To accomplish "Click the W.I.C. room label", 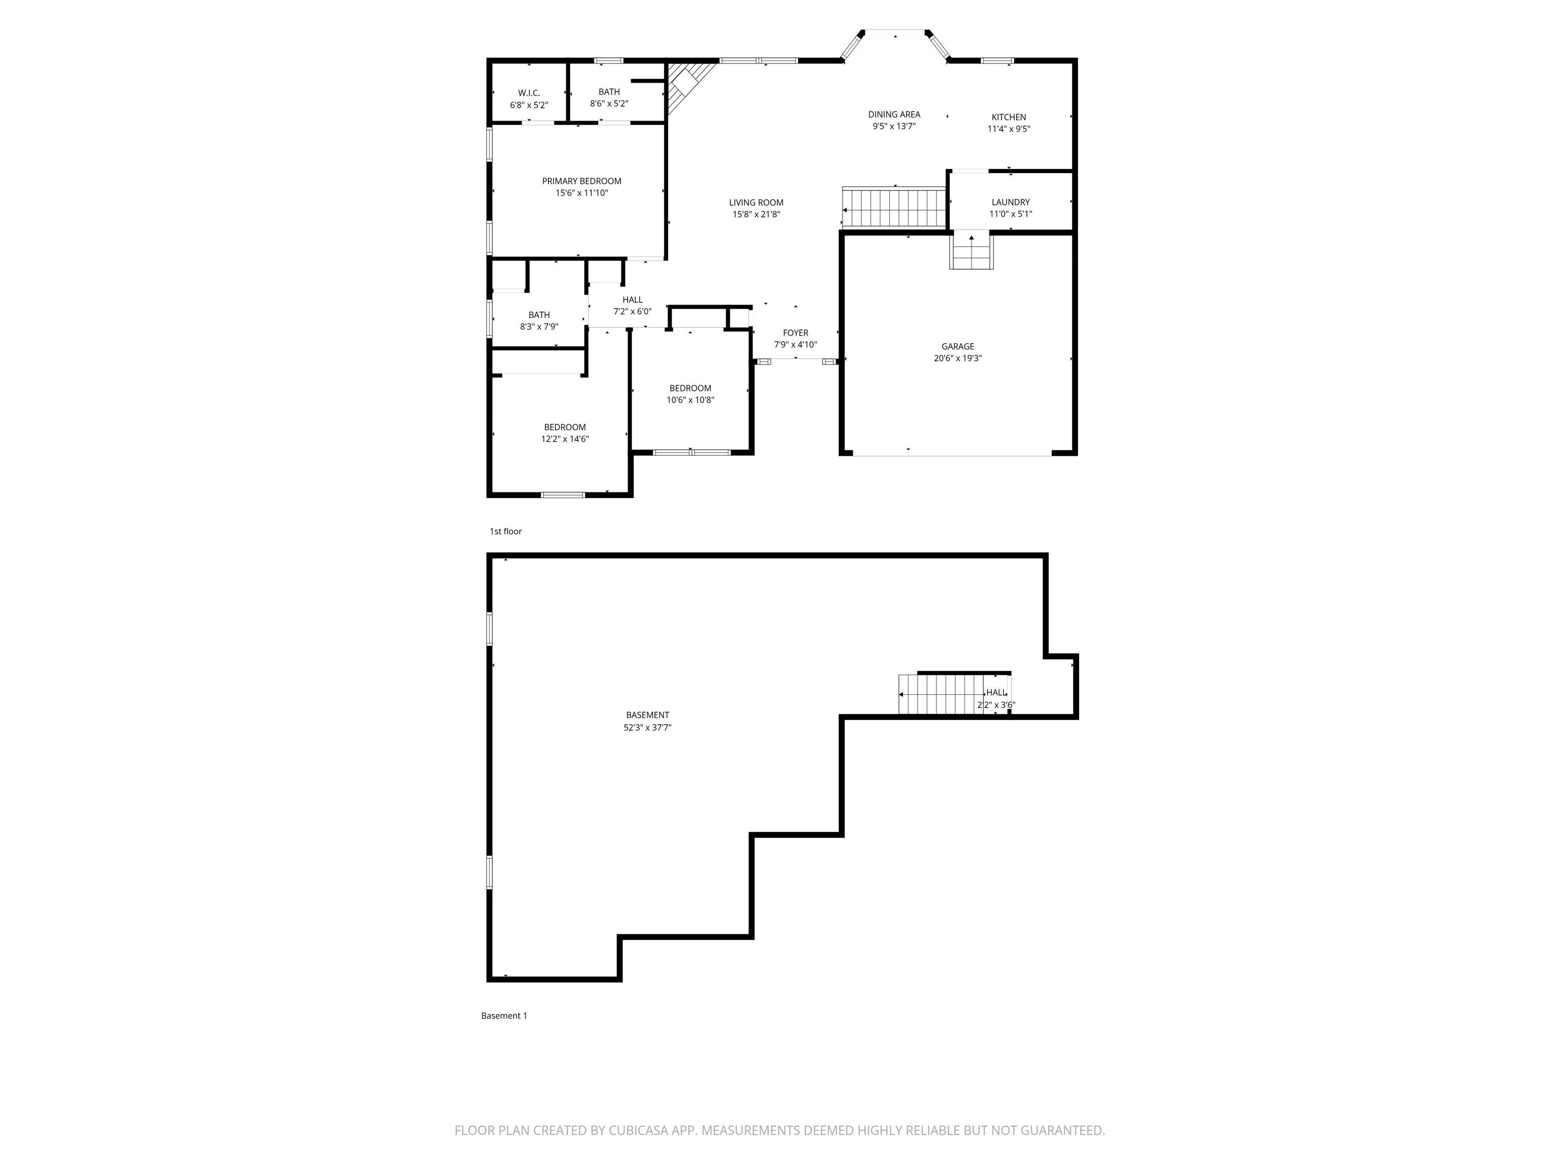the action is (529, 93).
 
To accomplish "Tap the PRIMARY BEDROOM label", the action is (582, 181).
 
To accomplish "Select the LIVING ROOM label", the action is (756, 203).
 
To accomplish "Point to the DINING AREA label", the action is (894, 114).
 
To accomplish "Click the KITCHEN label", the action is (1009, 117).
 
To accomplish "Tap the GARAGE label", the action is (958, 346).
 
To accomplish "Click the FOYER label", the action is (796, 333).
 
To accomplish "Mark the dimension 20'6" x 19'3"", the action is (958, 359).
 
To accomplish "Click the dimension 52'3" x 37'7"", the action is (647, 727).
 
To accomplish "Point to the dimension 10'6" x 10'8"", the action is (691, 400).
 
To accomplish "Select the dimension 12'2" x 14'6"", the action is (565, 439).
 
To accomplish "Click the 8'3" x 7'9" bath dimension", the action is (539, 327).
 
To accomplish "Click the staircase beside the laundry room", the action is (894, 207).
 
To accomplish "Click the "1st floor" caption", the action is (506, 531).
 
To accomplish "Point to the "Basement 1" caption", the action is (504, 1016).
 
